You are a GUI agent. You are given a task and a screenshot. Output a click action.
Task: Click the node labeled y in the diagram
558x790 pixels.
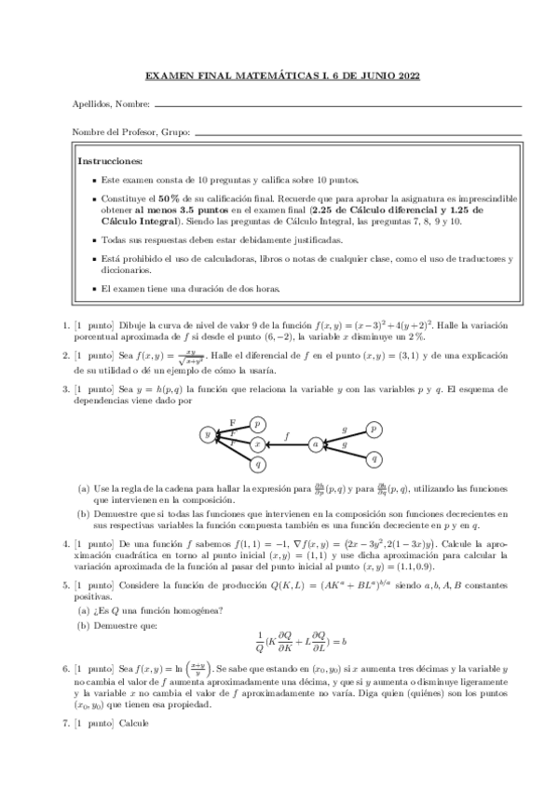click(x=208, y=434)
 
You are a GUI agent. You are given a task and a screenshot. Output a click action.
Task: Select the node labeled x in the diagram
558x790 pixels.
click(x=258, y=445)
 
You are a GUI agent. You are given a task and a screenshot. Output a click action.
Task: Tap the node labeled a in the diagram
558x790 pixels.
click(x=316, y=445)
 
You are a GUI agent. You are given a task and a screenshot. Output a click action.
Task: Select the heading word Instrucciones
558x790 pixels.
click(x=110, y=160)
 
